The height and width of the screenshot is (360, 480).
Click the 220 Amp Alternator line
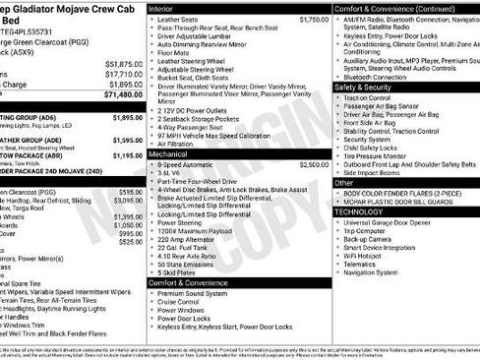[183, 239]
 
